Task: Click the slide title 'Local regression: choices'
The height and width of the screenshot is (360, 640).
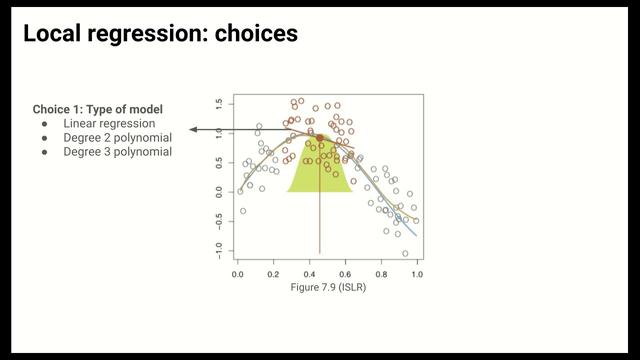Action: click(160, 34)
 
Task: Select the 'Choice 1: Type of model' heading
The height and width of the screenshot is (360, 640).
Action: click(97, 109)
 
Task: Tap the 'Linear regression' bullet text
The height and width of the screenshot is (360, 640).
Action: click(110, 123)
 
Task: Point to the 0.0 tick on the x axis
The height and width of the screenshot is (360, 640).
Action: click(238, 273)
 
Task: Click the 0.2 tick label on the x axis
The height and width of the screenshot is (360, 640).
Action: click(274, 273)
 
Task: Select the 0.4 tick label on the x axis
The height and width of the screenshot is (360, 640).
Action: click(310, 273)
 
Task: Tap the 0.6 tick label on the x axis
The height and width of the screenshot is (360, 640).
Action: click(346, 273)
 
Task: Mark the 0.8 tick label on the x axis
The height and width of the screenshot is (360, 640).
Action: click(382, 273)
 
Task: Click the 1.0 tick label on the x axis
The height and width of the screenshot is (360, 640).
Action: click(417, 273)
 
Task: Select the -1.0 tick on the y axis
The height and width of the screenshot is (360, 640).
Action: click(219, 250)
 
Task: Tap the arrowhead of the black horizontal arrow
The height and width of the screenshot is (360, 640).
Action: click(193, 130)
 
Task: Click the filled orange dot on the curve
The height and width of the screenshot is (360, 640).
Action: click(320, 138)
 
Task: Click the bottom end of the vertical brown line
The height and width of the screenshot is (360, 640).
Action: click(320, 252)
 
